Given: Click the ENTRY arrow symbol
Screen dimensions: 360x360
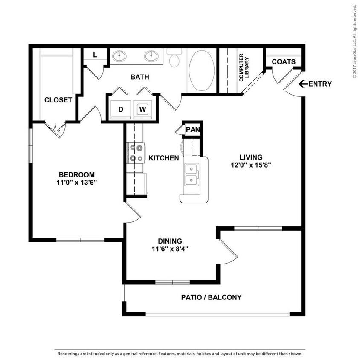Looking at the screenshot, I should pyautogui.click(x=303, y=84).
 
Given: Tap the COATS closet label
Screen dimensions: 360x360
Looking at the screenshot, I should pyautogui.click(x=284, y=61).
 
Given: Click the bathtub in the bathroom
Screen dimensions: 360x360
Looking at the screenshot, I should pyautogui.click(x=202, y=71).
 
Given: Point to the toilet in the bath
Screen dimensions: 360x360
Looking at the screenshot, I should pyautogui.click(x=174, y=60).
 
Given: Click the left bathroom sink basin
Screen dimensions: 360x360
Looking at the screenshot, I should pyautogui.click(x=120, y=55).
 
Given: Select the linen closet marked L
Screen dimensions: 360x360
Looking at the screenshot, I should pyautogui.click(x=95, y=55).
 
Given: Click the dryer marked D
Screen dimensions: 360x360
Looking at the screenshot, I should pyautogui.click(x=121, y=109).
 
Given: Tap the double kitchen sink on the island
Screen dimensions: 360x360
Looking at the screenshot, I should pyautogui.click(x=192, y=174).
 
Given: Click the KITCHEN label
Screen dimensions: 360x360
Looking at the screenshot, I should pyautogui.click(x=164, y=158).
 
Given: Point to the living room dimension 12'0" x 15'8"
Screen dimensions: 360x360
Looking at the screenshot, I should pyautogui.click(x=251, y=164).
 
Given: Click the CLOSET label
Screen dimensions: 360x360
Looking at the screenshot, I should pyautogui.click(x=58, y=100).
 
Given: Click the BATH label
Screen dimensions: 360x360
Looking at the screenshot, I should pyautogui.click(x=140, y=77).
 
